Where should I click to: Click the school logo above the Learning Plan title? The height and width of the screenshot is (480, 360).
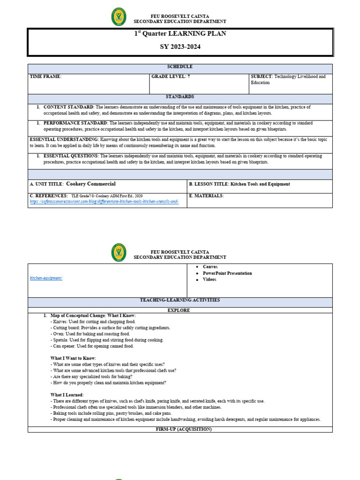119,17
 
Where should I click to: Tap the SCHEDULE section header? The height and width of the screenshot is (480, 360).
180,67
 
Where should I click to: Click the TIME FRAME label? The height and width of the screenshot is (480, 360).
45,76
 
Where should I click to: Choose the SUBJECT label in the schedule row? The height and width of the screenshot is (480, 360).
262,76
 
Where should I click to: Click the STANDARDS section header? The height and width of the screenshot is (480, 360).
180,97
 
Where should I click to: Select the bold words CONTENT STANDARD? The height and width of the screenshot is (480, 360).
69,107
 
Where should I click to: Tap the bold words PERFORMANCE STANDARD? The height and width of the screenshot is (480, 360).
75,123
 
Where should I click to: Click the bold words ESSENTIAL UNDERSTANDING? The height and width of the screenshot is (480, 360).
64,140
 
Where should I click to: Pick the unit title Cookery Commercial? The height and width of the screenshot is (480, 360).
90,184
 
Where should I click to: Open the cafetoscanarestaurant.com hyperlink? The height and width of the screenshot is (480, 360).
104,202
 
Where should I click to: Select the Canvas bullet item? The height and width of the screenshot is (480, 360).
210,267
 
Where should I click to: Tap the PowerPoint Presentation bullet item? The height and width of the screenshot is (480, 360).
227,273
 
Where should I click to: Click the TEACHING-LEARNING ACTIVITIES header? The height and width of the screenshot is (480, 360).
180,300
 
